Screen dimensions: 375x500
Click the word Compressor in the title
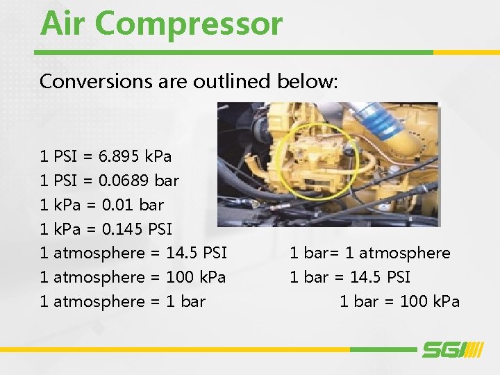[189, 23]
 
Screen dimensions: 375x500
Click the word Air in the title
[64, 23]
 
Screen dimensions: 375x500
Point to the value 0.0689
[124, 181]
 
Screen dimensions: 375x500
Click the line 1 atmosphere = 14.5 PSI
[133, 253]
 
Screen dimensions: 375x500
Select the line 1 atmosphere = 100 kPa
[133, 277]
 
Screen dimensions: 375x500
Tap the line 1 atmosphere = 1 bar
[123, 301]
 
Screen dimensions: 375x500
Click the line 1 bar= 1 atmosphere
[370, 253]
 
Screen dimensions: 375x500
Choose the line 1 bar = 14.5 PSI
[350, 277]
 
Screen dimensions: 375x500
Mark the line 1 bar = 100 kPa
[399, 301]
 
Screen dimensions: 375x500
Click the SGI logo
[451, 349]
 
